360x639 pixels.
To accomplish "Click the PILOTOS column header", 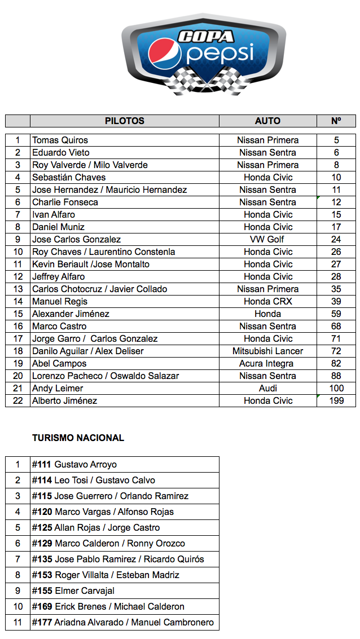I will tap(124, 121).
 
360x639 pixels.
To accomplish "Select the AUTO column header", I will tap(267, 121).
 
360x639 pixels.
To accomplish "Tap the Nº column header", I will tap(336, 121).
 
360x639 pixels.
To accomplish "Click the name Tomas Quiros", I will tap(60, 140).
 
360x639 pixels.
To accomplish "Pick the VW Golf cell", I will tap(267, 239).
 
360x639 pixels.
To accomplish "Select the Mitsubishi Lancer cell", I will tap(267, 351).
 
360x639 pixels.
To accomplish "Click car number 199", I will tap(336, 400).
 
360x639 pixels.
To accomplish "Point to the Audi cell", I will tap(267, 388).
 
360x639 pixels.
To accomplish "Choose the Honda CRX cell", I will tap(267, 301).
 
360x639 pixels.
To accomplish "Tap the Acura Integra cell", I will tap(267, 363).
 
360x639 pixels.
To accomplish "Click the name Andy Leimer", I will tap(58, 388).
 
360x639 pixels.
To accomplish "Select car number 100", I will tap(336, 388).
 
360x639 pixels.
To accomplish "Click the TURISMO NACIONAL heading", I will tap(78, 438).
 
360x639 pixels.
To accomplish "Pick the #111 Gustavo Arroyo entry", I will tap(74, 465).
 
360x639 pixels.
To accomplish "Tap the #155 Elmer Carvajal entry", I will tap(73, 590).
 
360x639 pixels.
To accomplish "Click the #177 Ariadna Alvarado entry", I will tap(123, 622).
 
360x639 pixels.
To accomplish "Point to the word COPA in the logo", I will tap(206, 37).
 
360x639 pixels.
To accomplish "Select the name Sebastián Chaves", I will tap(69, 177).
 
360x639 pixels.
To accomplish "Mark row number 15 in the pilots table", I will tap(18, 314).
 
